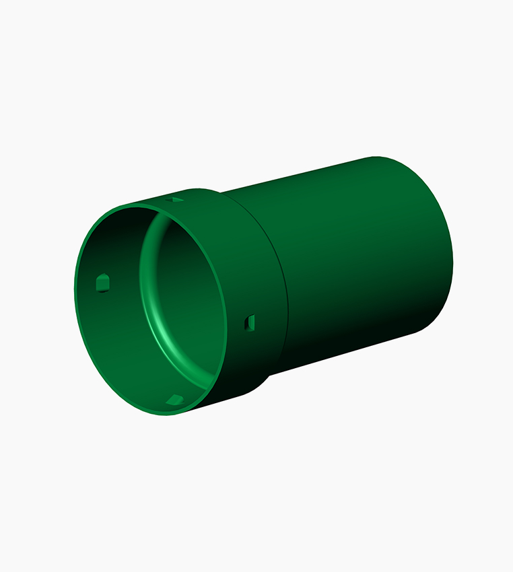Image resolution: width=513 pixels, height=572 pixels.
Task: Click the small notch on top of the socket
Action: click(x=176, y=200)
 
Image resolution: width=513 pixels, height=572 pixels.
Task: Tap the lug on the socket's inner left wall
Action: click(x=102, y=283)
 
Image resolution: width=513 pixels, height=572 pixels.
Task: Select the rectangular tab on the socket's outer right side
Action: click(x=250, y=323)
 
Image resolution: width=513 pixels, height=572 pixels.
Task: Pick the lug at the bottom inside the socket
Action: click(x=174, y=400)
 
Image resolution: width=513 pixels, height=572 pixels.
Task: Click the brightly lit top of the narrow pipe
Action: click(x=323, y=176)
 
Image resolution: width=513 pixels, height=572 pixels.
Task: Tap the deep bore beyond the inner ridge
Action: click(x=185, y=296)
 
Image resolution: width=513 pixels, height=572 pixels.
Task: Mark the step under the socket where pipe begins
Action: click(x=269, y=377)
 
